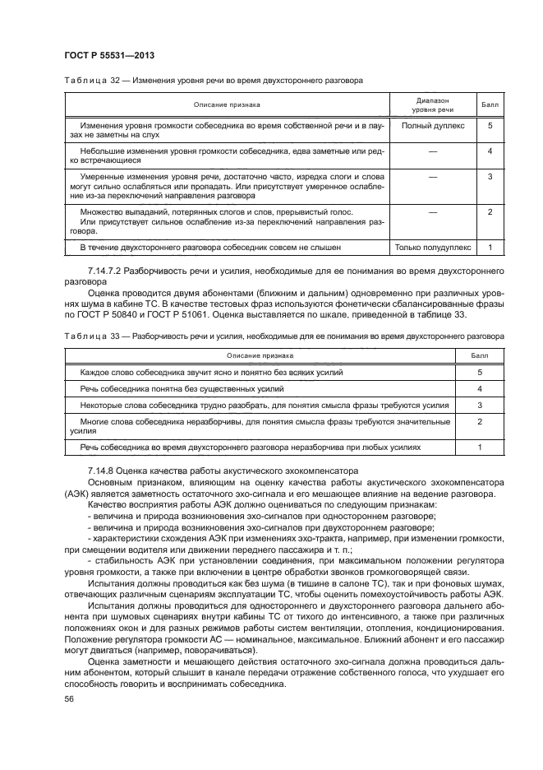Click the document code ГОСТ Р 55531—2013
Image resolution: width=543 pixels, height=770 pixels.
pyautogui.click(x=109, y=55)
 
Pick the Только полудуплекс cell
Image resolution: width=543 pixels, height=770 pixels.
pyautogui.click(x=433, y=247)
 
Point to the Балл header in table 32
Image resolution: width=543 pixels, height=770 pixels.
pyautogui.click(x=490, y=104)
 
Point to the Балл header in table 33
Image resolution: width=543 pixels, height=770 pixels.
pyautogui.click(x=478, y=356)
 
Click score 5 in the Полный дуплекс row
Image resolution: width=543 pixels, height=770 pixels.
pyautogui.click(x=490, y=126)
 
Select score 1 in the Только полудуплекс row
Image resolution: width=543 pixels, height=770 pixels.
pyautogui.click(x=490, y=247)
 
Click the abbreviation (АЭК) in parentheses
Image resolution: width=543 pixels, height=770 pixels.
pyautogui.click(x=81, y=492)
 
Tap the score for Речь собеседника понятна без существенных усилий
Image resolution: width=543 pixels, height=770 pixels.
pyautogui.click(x=478, y=388)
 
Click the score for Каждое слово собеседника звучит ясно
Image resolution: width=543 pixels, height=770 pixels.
pyautogui.click(x=478, y=372)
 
